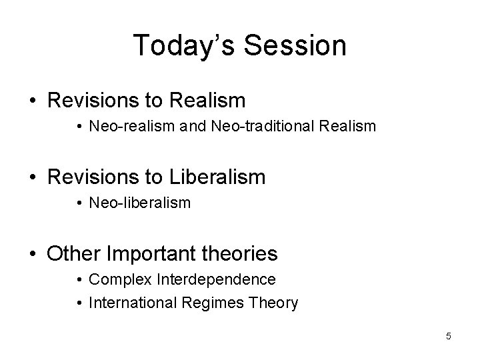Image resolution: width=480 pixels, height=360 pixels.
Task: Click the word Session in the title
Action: click(295, 45)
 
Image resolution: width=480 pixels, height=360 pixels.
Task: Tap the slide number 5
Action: click(449, 336)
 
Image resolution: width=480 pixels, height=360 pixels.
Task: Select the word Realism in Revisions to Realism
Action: click(207, 101)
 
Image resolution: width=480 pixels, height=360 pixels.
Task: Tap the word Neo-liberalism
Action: click(139, 202)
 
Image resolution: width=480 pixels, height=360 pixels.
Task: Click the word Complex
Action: click(113, 278)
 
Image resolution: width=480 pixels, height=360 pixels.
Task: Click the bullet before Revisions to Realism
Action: click(32, 101)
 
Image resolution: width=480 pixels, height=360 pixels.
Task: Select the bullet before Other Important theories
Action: click(32, 254)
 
